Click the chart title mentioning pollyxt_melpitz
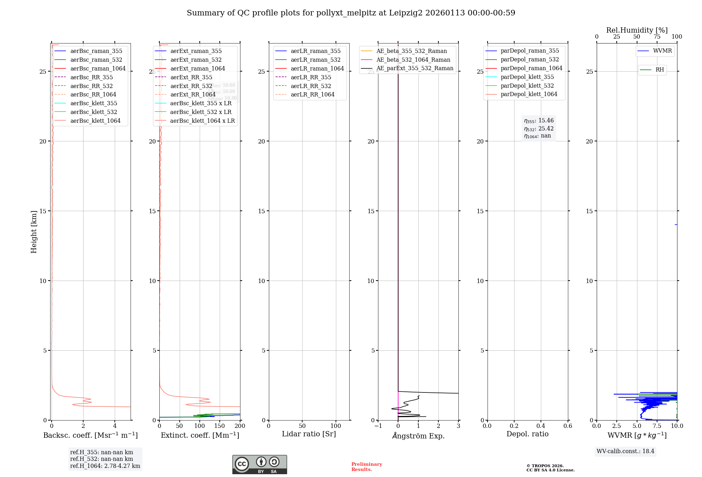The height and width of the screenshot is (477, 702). pos(351,13)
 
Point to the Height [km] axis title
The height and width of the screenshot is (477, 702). pos(34,232)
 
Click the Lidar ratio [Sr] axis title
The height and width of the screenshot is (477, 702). pos(309,434)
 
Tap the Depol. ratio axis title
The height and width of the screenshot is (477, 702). pos(527,434)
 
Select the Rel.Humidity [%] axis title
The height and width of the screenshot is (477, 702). pos(637,30)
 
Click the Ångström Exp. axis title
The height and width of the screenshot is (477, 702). pos(418,436)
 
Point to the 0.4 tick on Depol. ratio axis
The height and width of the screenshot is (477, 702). pos(541,426)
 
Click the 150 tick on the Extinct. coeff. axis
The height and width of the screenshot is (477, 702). pos(220,426)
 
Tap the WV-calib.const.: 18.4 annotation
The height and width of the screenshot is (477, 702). pos(625,451)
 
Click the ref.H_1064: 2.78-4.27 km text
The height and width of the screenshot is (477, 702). pos(105,466)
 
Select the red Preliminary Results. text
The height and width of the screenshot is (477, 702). pos(366,467)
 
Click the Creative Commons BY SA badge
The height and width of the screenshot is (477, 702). pos(259,464)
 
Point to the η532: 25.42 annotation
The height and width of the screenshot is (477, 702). pos(539,129)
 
